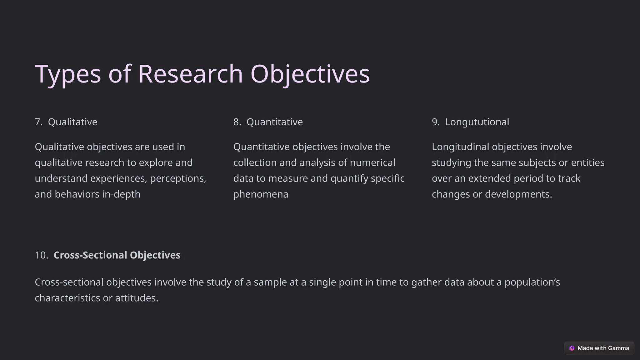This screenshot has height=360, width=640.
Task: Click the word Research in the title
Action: (x=190, y=74)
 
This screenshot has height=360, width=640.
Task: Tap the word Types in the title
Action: (x=68, y=74)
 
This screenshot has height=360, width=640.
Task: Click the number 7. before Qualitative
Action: (x=38, y=122)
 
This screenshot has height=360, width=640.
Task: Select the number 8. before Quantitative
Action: (x=237, y=122)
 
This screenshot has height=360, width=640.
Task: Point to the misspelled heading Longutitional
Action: (x=477, y=122)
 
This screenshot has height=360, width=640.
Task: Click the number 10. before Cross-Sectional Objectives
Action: (x=41, y=255)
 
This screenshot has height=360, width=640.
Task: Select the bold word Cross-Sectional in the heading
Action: (x=90, y=255)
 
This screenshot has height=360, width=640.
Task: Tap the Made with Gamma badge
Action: (x=599, y=348)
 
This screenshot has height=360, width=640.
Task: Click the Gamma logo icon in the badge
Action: (x=572, y=348)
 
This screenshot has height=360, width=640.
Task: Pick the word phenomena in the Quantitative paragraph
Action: (x=261, y=194)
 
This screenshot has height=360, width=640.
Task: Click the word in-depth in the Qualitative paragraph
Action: (x=121, y=194)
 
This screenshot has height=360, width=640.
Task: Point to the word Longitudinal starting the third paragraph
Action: (x=460, y=147)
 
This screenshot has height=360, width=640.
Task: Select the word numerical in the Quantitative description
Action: (x=372, y=163)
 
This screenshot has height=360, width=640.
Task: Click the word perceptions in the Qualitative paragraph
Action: (x=177, y=178)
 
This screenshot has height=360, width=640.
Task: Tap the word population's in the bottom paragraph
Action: (x=532, y=282)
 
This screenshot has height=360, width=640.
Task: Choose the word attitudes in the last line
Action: (x=136, y=298)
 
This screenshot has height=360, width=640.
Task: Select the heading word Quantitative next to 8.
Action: (x=274, y=122)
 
